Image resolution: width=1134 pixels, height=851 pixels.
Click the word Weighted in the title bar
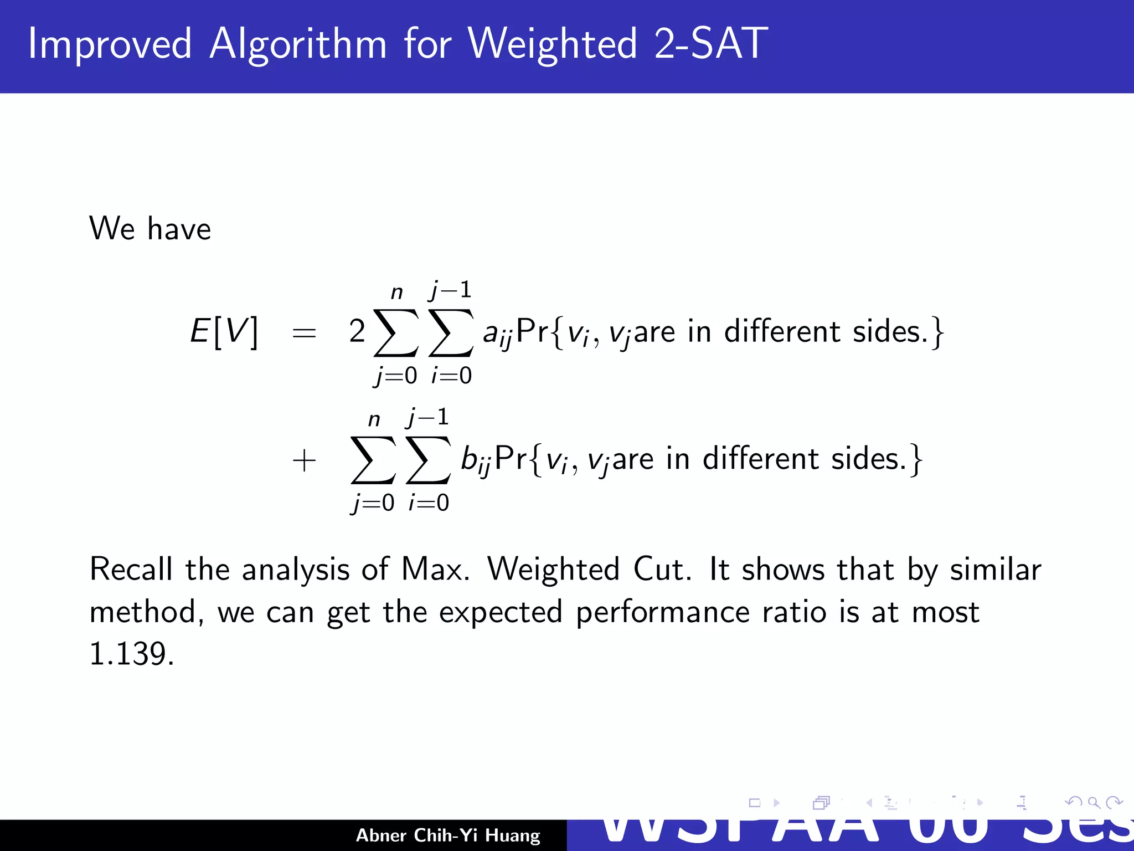coord(553,44)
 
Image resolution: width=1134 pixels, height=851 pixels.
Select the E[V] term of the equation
coord(224,332)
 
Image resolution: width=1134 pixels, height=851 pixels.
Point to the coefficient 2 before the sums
coord(357,331)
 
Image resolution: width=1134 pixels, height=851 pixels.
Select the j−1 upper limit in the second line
coord(427,417)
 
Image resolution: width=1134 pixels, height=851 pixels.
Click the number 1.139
coord(131,654)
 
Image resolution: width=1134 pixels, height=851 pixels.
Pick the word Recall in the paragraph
coord(131,569)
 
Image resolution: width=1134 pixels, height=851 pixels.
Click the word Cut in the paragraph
coord(661,569)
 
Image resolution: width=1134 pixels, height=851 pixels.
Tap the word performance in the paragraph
coord(662,613)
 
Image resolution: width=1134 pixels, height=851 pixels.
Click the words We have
coord(150,228)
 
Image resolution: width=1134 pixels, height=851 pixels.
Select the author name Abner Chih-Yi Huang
coord(447,835)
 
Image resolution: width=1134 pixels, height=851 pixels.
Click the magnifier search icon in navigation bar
coord(1093,802)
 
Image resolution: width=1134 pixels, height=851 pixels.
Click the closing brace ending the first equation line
coord(936,334)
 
